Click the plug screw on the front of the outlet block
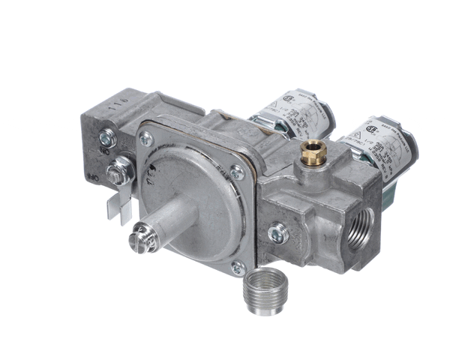pyautogui.click(x=277, y=233)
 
